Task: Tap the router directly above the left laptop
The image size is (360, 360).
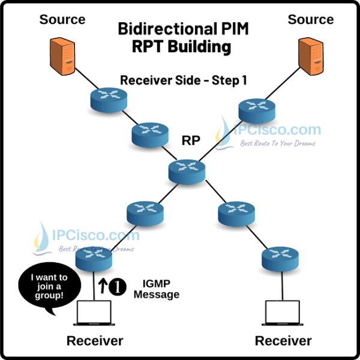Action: (94, 259)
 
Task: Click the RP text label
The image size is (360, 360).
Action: (190, 140)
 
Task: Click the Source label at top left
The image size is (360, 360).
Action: (62, 19)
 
